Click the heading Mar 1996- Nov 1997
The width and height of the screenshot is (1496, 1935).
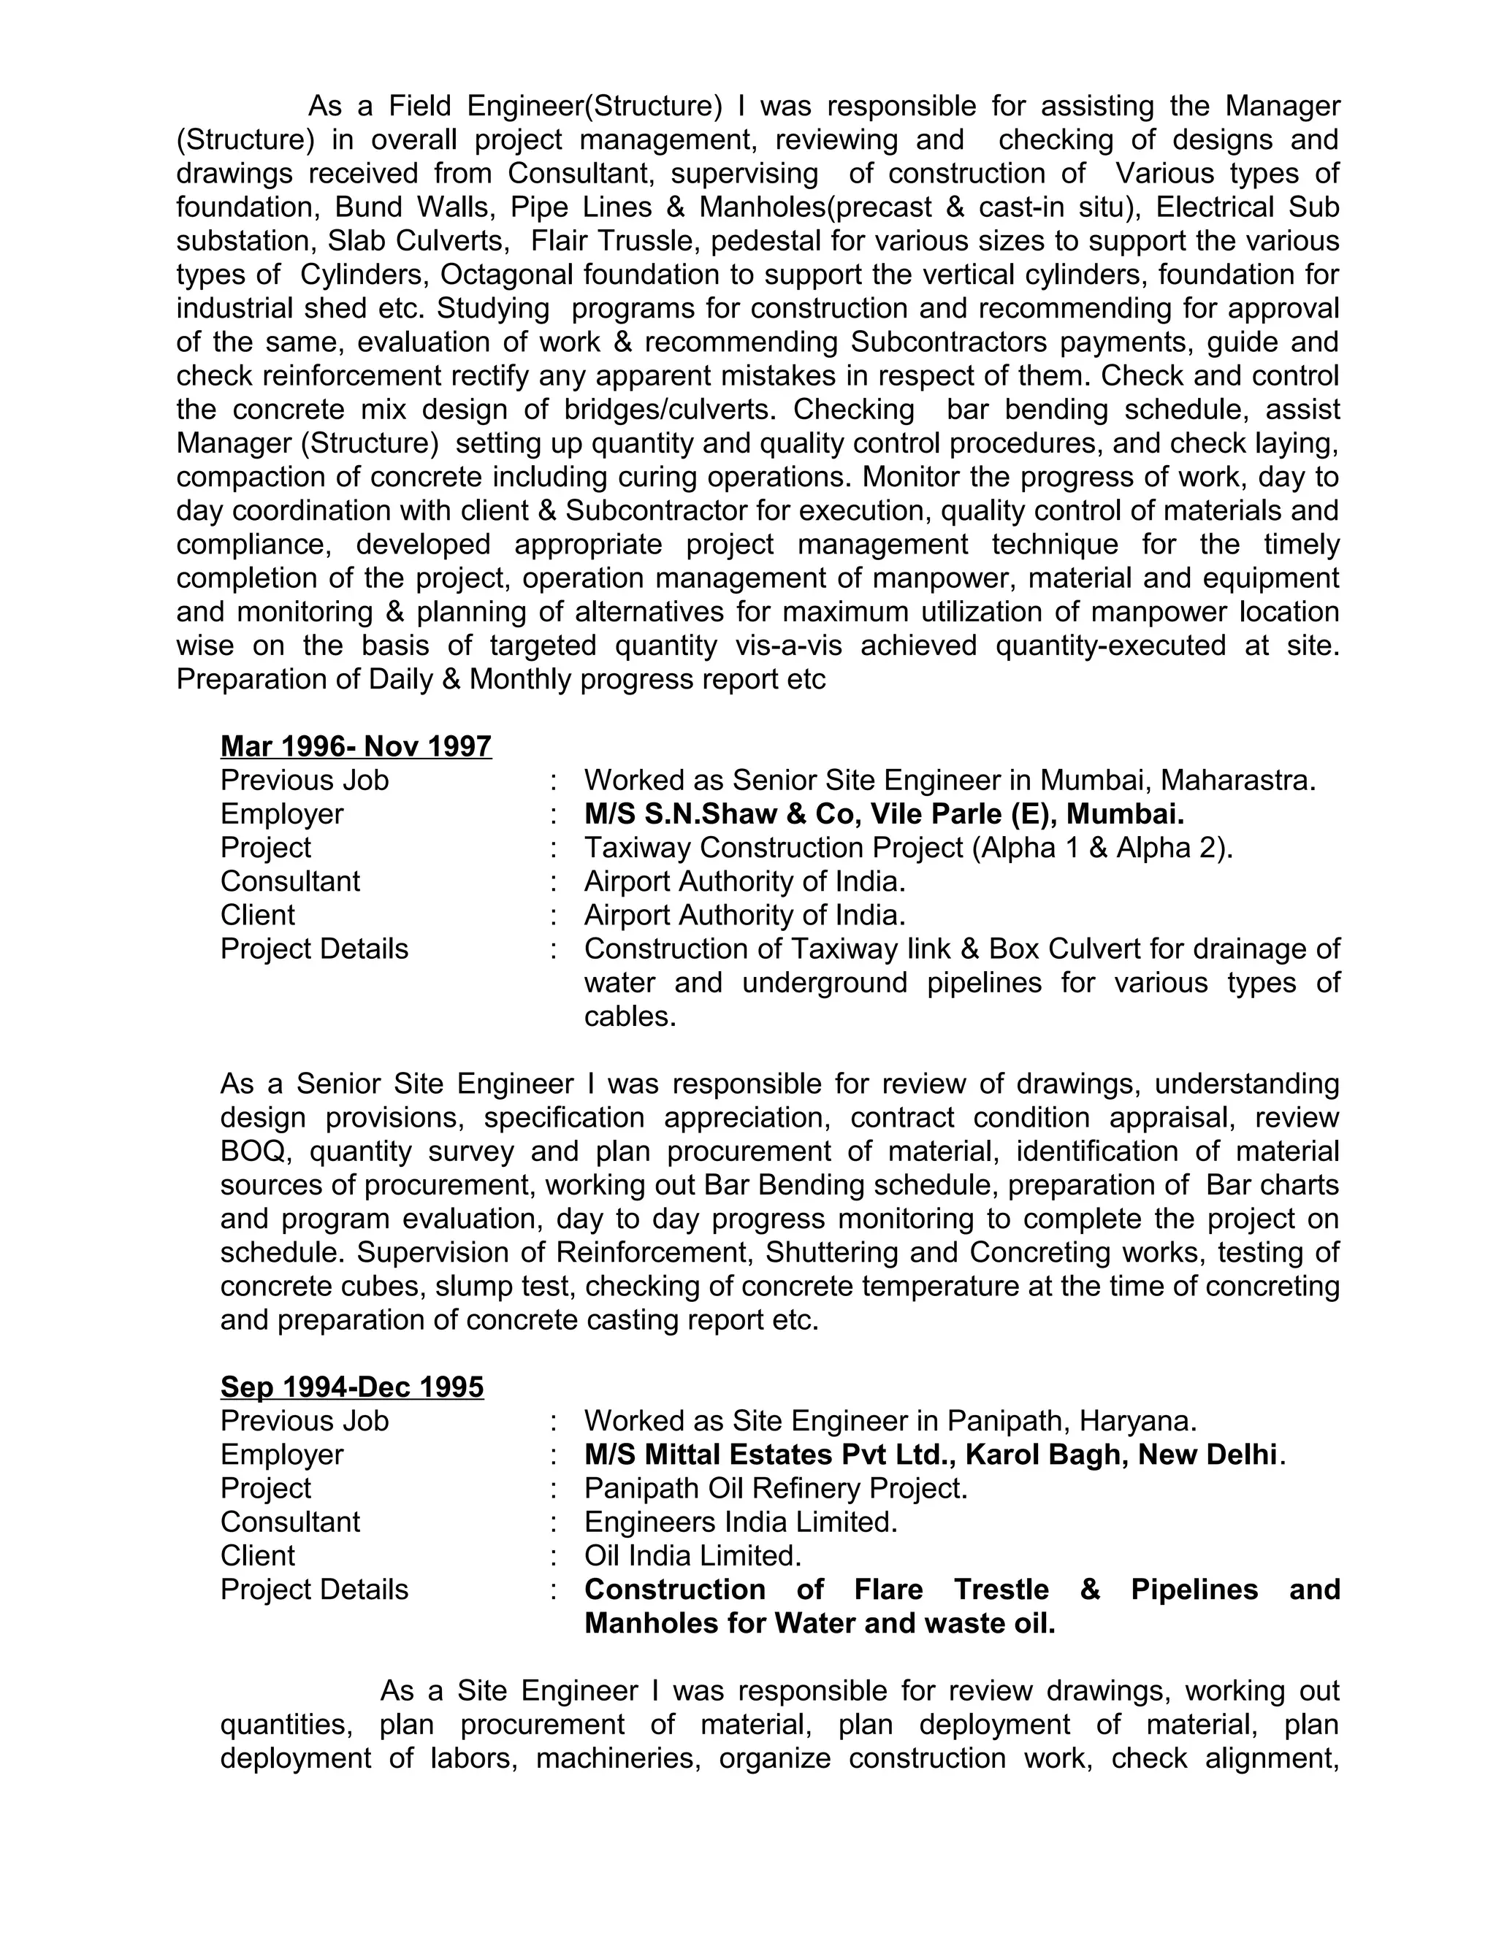point(356,746)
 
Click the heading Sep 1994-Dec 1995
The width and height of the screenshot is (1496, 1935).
point(352,1387)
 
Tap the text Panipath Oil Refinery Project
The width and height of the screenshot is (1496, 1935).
point(774,1487)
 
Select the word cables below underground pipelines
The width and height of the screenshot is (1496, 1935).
point(629,1016)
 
